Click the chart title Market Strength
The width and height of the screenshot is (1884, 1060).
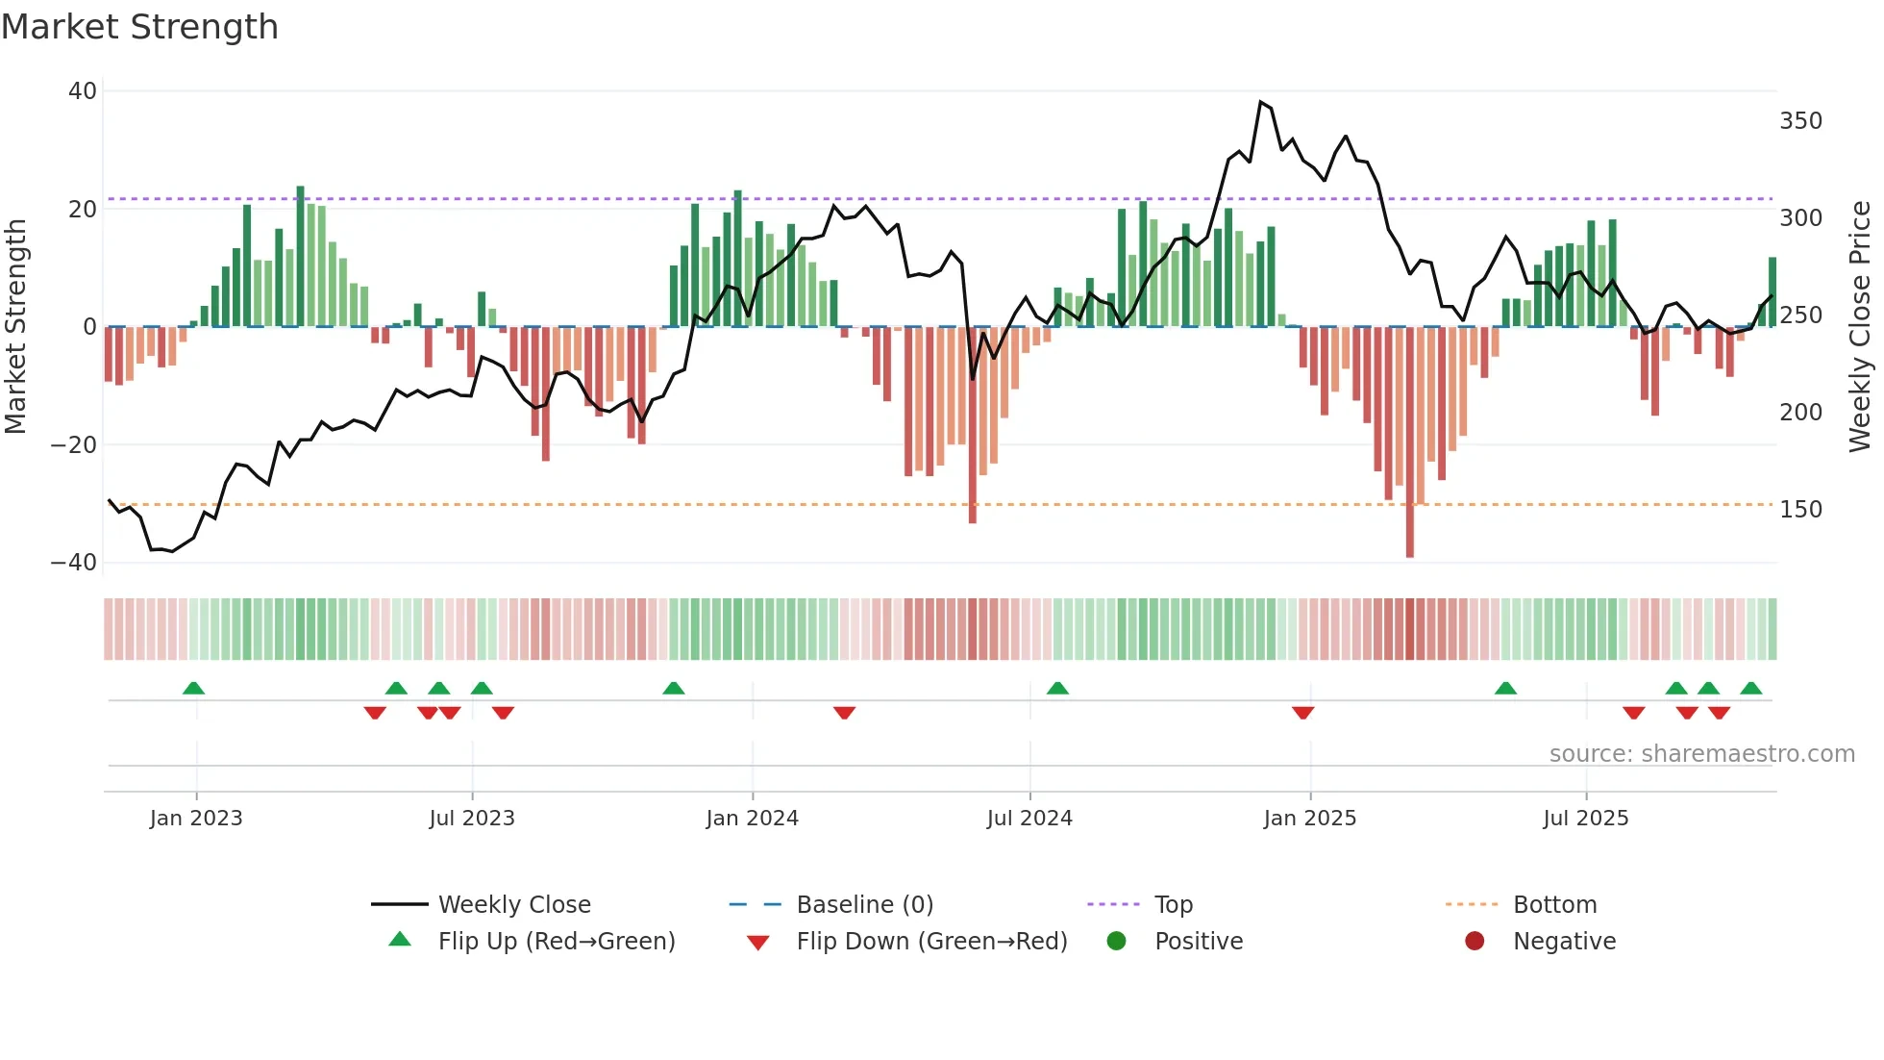tap(139, 27)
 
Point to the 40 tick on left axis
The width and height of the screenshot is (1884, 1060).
tap(83, 91)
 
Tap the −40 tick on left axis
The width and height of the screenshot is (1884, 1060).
tap(74, 563)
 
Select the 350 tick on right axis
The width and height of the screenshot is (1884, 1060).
tap(1800, 121)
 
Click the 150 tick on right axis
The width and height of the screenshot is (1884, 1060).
tap(1800, 510)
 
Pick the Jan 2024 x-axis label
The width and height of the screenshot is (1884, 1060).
tap(752, 819)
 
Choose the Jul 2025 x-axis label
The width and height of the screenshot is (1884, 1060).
tap(1585, 819)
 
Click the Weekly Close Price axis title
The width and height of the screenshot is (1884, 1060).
tap(1860, 327)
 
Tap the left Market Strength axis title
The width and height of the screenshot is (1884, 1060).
tap(16, 327)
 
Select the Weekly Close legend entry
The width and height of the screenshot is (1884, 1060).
tap(514, 905)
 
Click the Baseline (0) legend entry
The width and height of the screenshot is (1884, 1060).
tap(864, 905)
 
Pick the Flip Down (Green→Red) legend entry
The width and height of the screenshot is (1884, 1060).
tap(930, 942)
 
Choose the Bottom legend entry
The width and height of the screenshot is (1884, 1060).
tap(1554, 905)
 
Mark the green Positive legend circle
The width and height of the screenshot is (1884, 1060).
tap(1116, 942)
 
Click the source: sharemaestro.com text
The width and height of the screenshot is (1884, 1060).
tap(1701, 754)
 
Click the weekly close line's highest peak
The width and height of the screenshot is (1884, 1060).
tap(1260, 102)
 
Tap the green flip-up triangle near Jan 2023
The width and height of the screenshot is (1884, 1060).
tap(193, 688)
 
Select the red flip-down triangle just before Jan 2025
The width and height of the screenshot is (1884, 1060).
tap(1302, 713)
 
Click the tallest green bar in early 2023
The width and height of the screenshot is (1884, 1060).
tap(300, 255)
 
